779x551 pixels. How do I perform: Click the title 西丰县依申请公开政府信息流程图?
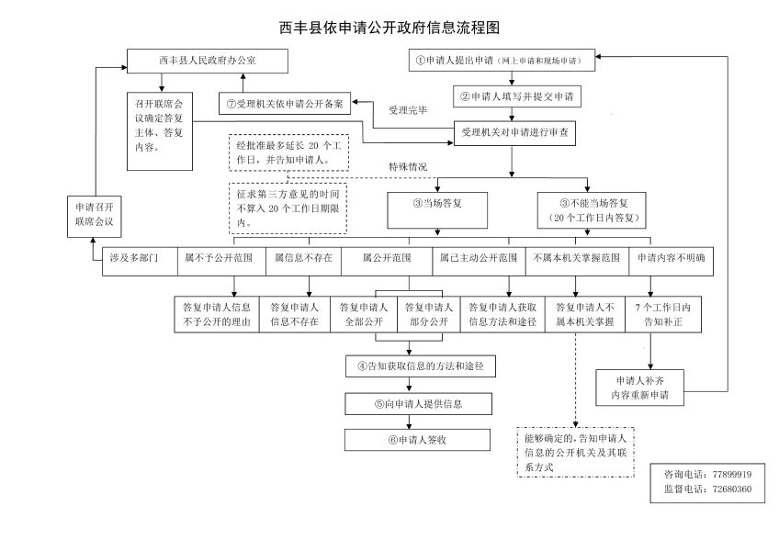(389, 28)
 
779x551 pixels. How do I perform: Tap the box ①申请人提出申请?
(502, 61)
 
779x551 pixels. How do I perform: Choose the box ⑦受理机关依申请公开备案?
(285, 104)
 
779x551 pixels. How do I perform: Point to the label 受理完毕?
(407, 111)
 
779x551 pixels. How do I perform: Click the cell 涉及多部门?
(134, 259)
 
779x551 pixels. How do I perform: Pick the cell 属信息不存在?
(304, 259)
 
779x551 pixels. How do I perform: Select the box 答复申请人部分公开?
(426, 314)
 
